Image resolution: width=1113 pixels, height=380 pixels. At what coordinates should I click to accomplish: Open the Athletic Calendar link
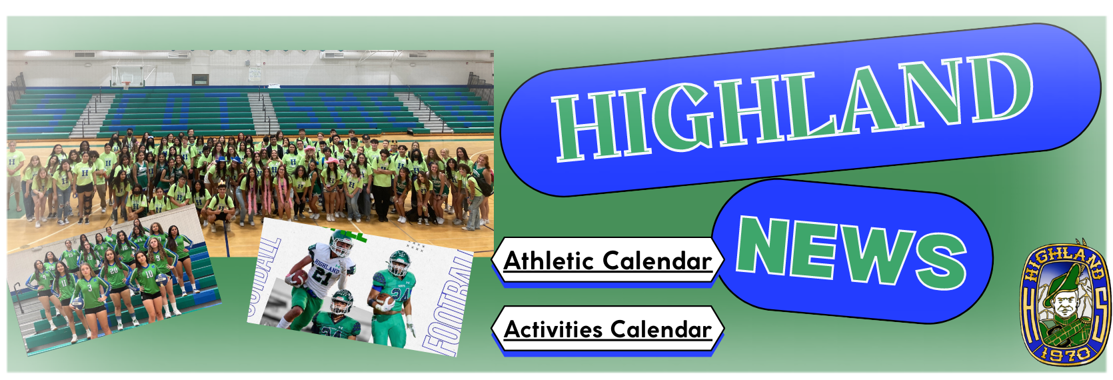click(x=608, y=260)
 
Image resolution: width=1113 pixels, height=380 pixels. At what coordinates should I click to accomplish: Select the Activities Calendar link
click(x=608, y=329)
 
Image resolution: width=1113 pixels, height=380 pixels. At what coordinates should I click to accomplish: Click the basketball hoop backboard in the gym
click(x=127, y=77)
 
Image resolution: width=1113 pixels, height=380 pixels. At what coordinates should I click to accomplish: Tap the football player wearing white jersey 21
click(x=318, y=278)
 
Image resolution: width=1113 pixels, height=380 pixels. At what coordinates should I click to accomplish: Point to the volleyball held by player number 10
click(x=161, y=279)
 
